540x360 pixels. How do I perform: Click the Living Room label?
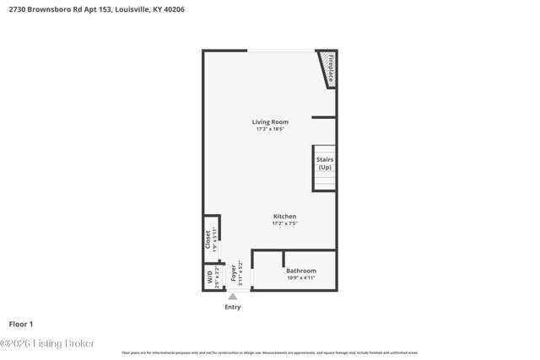pyautogui.click(x=270, y=122)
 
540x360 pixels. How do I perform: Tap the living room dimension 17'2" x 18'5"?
pyautogui.click(x=270, y=129)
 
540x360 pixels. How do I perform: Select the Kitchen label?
pyautogui.click(x=283, y=217)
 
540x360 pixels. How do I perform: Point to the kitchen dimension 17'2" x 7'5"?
pyautogui.click(x=283, y=223)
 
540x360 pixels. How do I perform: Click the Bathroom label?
pyautogui.click(x=301, y=271)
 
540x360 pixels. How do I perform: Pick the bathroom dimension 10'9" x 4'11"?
pyautogui.click(x=301, y=277)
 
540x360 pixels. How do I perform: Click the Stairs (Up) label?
pyautogui.click(x=325, y=163)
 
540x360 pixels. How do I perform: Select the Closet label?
pyautogui.click(x=208, y=239)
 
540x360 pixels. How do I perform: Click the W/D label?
pyautogui.click(x=208, y=276)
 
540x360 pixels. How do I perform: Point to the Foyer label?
pyautogui.click(x=234, y=272)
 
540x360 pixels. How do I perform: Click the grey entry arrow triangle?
pyautogui.click(x=232, y=296)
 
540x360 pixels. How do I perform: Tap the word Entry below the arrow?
pyautogui.click(x=232, y=307)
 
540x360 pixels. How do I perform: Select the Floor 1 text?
pyautogui.click(x=21, y=324)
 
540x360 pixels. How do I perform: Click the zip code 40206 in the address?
pyautogui.click(x=172, y=9)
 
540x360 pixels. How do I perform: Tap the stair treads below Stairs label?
pyautogui.click(x=325, y=180)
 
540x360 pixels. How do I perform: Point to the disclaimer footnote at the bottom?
pyautogui.click(x=270, y=352)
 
